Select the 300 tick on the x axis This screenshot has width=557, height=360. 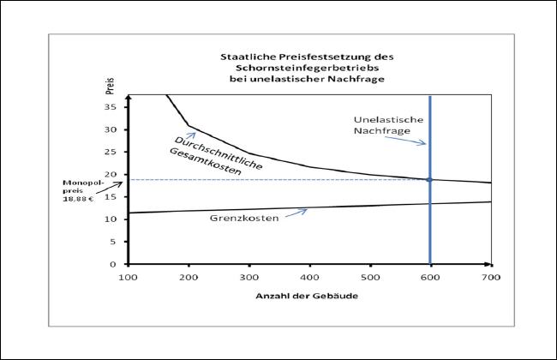[249, 277]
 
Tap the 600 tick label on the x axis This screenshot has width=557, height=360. [430, 277]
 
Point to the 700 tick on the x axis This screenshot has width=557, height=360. [491, 277]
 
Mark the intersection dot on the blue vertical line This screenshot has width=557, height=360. [429, 179]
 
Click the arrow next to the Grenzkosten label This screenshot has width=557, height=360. [296, 213]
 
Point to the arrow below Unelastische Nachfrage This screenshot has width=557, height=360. [417, 141]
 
